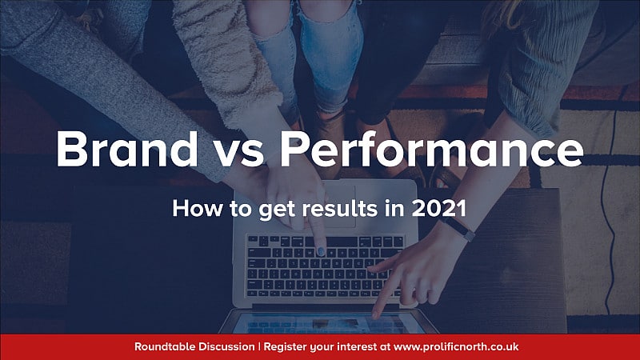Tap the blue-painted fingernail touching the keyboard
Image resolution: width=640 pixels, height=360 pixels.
click(321, 251)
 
